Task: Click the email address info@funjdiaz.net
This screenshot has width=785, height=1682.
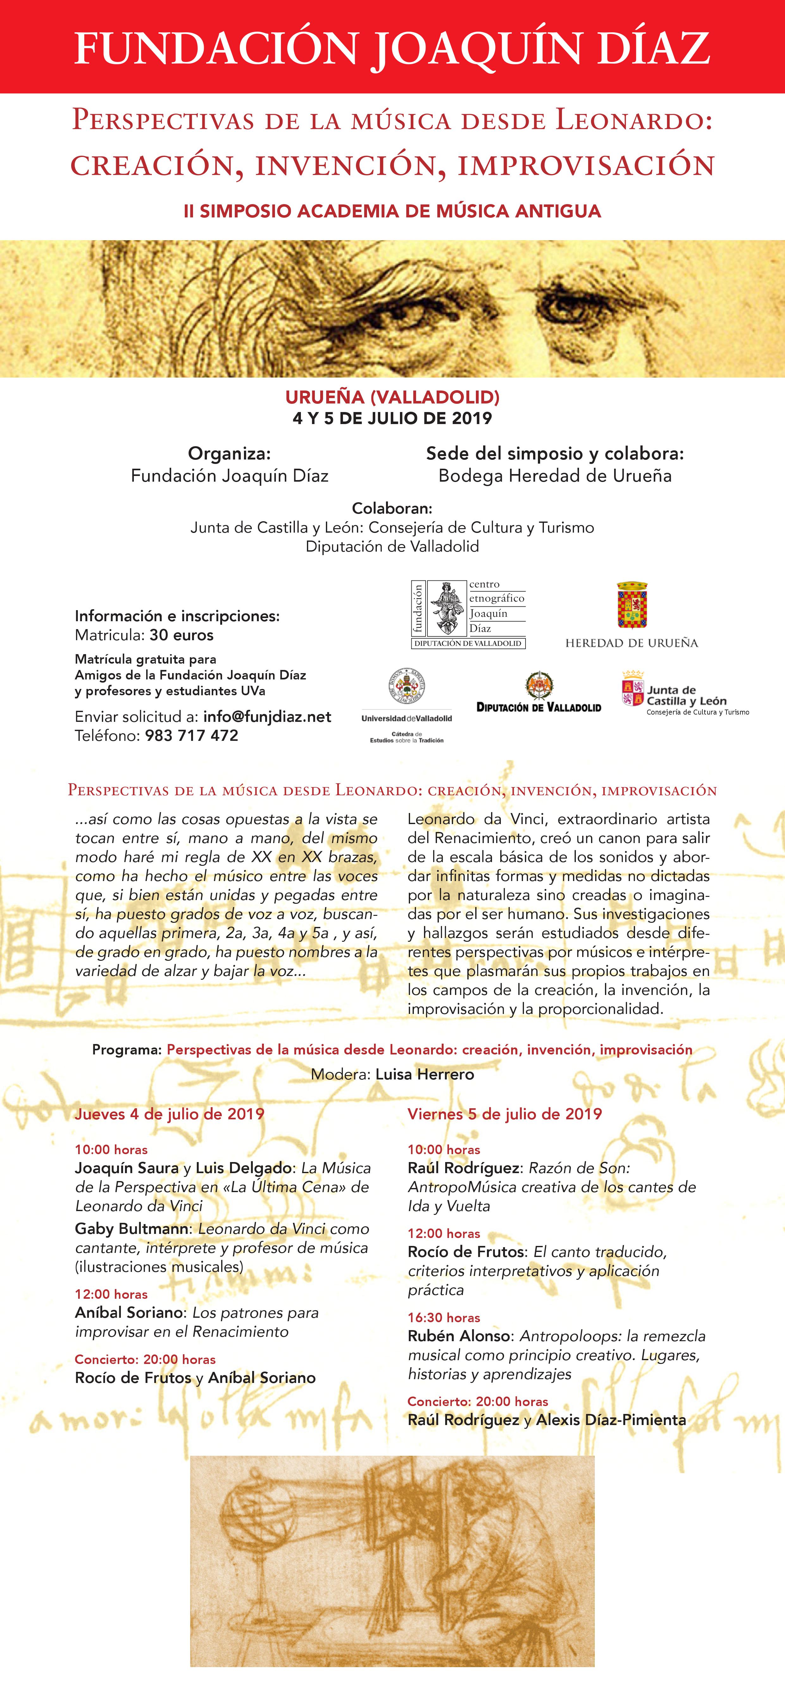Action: click(x=267, y=716)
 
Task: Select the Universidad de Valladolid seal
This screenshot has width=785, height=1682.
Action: click(x=407, y=688)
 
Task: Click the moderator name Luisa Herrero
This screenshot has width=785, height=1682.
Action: click(x=425, y=1074)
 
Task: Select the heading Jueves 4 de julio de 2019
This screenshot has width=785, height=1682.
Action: click(x=169, y=1114)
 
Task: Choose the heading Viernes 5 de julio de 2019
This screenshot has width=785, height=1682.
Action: click(x=504, y=1114)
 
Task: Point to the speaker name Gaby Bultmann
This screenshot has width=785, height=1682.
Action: click(x=132, y=1229)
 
